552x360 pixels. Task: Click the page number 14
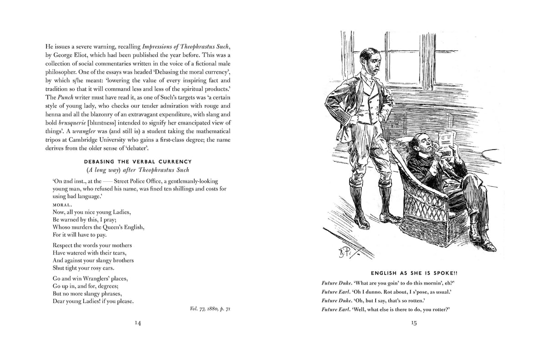click(138, 323)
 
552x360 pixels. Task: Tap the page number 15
click(413, 323)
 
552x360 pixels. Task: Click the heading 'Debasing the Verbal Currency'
click(138, 162)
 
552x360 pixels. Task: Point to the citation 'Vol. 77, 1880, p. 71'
click(210, 309)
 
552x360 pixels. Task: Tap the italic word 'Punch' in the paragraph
click(64, 97)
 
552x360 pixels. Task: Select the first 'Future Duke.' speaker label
click(337, 283)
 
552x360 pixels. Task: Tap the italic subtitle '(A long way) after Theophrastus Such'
click(138, 170)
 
